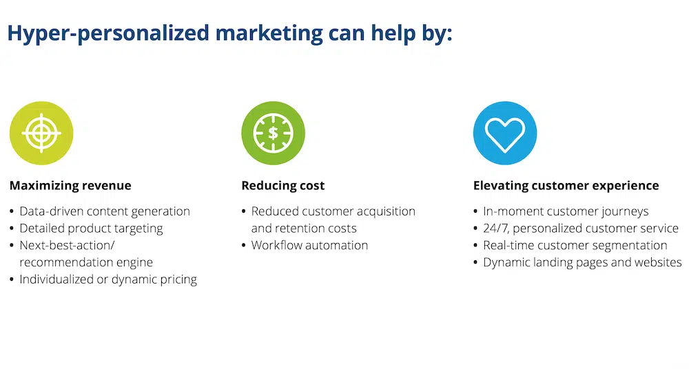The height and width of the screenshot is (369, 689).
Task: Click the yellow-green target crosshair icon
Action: pos(41,133)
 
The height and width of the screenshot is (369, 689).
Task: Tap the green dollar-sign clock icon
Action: pos(273,133)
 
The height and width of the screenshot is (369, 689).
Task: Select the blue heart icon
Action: pos(505,133)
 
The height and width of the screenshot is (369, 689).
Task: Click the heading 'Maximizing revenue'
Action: pos(70,185)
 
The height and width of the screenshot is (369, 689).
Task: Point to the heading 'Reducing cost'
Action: pos(283,185)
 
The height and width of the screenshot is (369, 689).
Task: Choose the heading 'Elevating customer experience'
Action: pos(566,185)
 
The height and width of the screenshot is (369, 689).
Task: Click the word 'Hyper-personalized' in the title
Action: pos(108,34)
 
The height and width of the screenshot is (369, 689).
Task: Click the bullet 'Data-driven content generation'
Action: pos(105,211)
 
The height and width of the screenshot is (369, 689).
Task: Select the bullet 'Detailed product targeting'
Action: pos(91,229)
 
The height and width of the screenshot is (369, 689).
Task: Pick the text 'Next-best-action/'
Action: pos(67,245)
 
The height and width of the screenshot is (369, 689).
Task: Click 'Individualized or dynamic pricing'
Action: pos(108,280)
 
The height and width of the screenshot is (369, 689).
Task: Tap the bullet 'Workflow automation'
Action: pos(309,245)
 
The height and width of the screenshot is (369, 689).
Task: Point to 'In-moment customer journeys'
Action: pos(566,211)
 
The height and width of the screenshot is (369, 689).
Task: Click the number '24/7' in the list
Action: pos(496,229)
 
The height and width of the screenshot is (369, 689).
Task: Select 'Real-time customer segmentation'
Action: pos(575,245)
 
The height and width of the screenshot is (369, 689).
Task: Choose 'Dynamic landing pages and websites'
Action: pos(582,262)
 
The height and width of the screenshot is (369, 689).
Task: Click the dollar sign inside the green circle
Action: pos(273,133)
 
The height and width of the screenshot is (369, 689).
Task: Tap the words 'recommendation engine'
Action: pos(86,262)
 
